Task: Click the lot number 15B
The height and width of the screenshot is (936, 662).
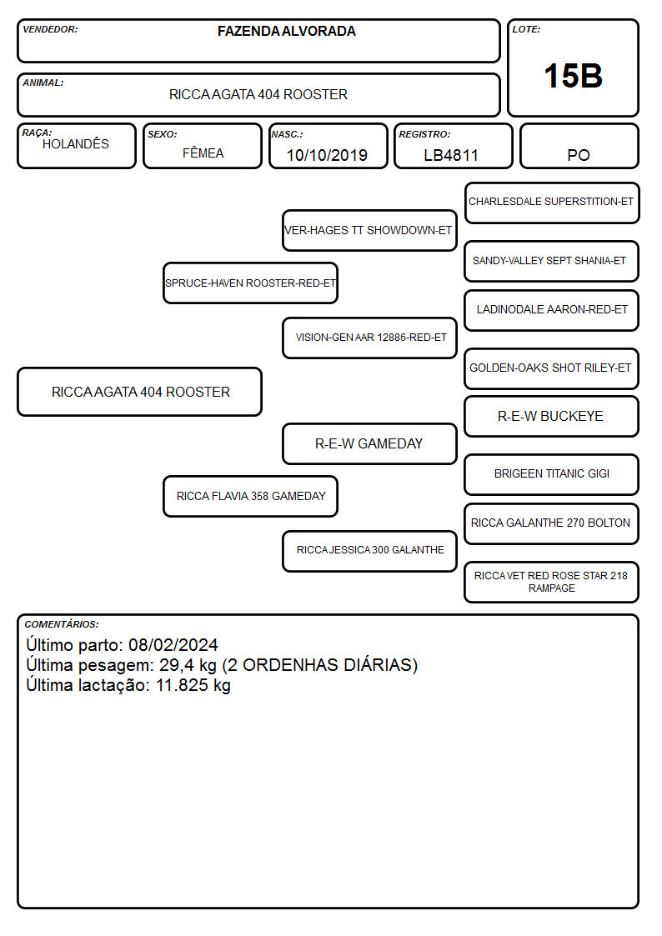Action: pyautogui.click(x=573, y=77)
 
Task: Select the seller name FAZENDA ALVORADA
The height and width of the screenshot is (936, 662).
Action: pyautogui.click(x=287, y=31)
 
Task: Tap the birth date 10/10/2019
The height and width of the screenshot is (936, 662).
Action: pyautogui.click(x=327, y=155)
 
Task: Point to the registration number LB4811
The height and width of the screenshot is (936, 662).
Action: pyautogui.click(x=451, y=155)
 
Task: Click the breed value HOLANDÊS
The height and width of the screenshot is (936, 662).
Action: pyautogui.click(x=76, y=143)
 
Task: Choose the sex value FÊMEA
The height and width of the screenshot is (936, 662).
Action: pyautogui.click(x=203, y=153)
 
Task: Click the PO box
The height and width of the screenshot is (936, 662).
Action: pyautogui.click(x=579, y=146)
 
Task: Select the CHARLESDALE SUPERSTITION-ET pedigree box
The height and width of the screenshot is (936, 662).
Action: pyautogui.click(x=552, y=203)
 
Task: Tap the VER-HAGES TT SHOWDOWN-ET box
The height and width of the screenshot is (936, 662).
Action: pyautogui.click(x=369, y=230)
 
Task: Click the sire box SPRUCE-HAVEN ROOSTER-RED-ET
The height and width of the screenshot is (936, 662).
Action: pyautogui.click(x=250, y=283)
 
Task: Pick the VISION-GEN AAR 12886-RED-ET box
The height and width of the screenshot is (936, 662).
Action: pyautogui.click(x=369, y=338)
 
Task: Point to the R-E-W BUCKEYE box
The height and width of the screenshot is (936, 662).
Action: pyautogui.click(x=552, y=417)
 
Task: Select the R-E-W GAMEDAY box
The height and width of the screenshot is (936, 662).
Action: pyautogui.click(x=369, y=444)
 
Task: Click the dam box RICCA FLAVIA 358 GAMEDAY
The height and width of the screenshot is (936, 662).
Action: pyautogui.click(x=250, y=497)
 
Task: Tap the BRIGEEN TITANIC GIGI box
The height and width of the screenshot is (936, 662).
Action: pyautogui.click(x=552, y=474)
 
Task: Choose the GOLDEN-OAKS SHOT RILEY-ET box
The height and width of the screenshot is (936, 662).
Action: pyautogui.click(x=552, y=369)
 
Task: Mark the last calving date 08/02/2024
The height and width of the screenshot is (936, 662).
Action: pyautogui.click(x=173, y=645)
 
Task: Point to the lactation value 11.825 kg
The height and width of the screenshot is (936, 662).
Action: pyautogui.click(x=193, y=685)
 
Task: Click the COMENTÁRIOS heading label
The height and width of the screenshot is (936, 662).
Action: pyautogui.click(x=62, y=624)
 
